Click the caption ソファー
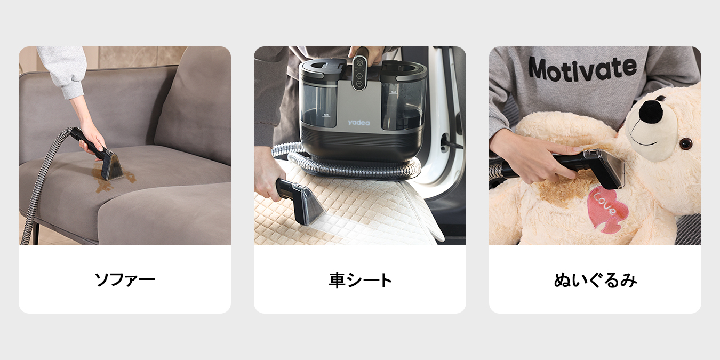point(125,279)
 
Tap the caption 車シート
point(360,279)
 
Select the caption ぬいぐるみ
point(595,279)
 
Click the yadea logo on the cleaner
point(359,123)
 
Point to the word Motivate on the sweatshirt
point(582,69)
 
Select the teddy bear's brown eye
point(686,143)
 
